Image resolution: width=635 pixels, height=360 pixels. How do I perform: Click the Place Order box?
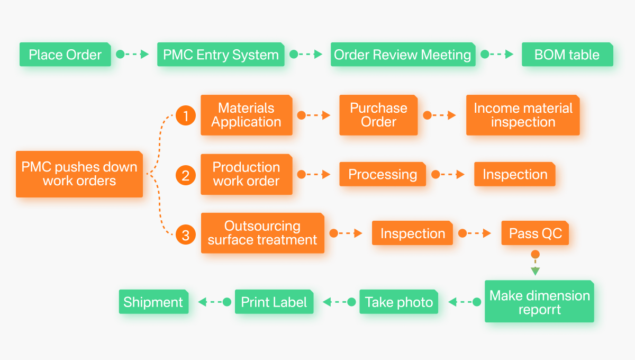click(65, 55)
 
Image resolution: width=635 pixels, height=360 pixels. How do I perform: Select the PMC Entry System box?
click(221, 55)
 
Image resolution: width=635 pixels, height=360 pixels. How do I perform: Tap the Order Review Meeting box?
click(403, 55)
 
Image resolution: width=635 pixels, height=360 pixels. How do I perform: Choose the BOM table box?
click(567, 55)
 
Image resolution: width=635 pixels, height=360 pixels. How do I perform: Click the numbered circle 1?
click(186, 115)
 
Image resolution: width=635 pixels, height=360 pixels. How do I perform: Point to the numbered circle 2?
click(186, 175)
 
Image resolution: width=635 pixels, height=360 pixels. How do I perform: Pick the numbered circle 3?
click(186, 234)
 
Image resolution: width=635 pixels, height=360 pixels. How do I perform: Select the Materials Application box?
click(246, 115)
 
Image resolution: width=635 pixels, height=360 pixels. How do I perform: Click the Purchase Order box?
click(378, 115)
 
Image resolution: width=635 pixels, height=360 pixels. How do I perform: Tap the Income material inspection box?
click(523, 115)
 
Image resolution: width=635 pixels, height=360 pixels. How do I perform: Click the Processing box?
click(382, 174)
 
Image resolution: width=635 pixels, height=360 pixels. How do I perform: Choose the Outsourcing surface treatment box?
click(262, 233)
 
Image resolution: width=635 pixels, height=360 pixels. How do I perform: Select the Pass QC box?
click(535, 233)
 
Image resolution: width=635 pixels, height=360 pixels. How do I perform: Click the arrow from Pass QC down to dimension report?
click(535, 263)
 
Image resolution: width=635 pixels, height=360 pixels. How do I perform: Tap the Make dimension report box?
click(539, 302)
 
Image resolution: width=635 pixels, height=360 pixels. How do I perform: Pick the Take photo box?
click(399, 302)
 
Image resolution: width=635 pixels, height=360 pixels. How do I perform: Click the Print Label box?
click(274, 302)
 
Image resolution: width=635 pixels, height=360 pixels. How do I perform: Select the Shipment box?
click(153, 302)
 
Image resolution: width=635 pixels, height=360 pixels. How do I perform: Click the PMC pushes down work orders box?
click(79, 174)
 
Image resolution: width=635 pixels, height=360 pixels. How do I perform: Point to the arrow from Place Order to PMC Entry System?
click(133, 54)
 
